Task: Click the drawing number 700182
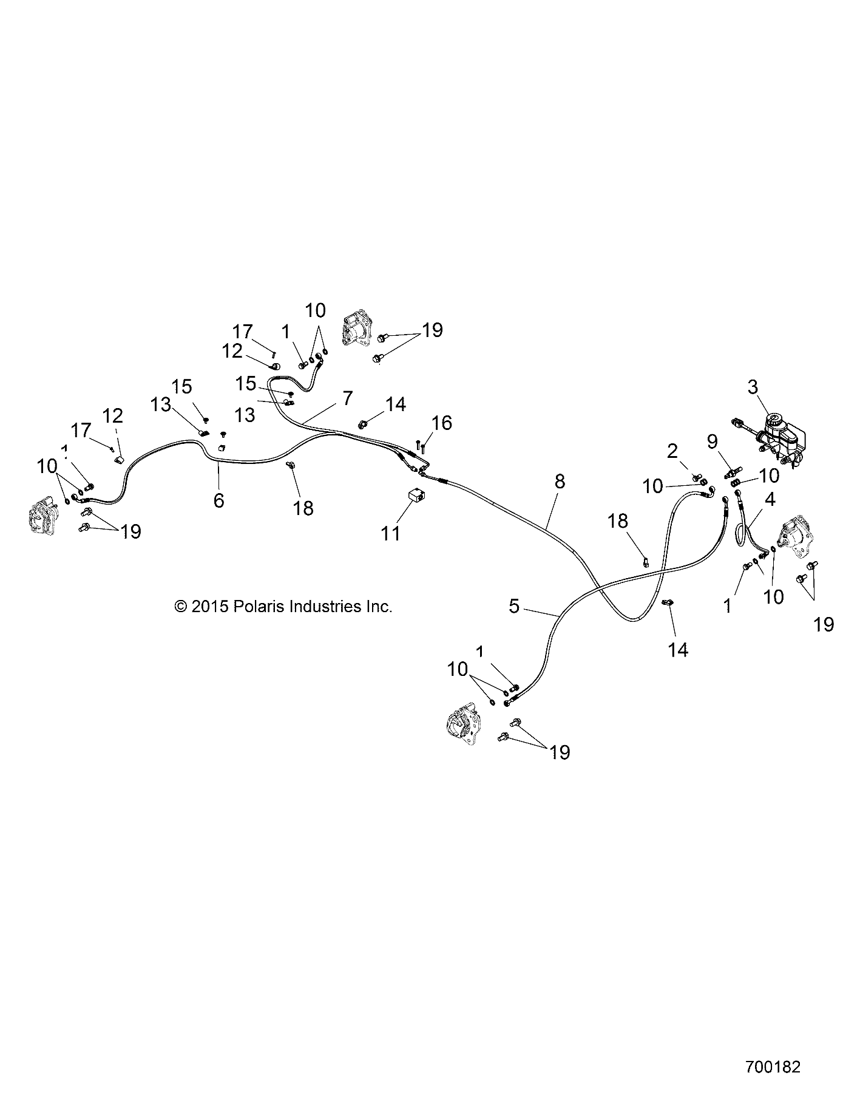pos(772,1068)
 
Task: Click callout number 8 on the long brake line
pos(559,482)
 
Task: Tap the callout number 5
pos(514,606)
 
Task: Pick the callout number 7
pos(347,399)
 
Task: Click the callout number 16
pos(442,423)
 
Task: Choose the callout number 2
pos(672,451)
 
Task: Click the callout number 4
pos(770,500)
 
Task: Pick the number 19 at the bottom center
pos(560,753)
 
